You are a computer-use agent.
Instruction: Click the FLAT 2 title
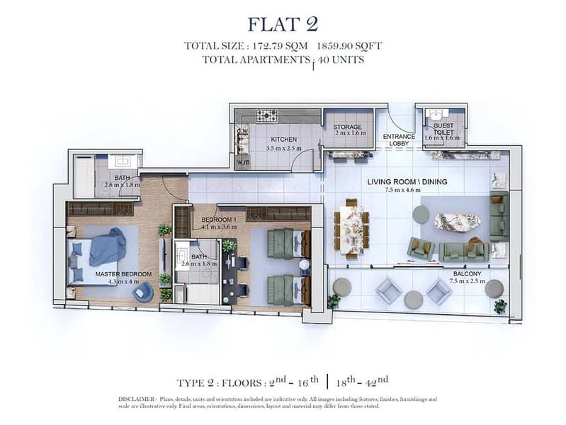(283, 24)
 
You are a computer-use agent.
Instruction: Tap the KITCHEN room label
(284, 140)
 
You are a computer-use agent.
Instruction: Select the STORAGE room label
(347, 127)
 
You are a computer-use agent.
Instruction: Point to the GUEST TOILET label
(443, 129)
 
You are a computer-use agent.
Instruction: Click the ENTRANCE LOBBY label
(399, 140)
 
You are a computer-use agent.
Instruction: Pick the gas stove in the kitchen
(267, 115)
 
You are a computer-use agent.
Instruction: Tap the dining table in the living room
(351, 228)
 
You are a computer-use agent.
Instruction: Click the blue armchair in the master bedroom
(143, 292)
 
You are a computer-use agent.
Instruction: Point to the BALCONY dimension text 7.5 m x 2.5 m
(467, 281)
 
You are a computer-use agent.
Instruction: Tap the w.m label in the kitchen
(243, 162)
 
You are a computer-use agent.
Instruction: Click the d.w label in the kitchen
(242, 131)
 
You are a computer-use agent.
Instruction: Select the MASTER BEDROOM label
(123, 274)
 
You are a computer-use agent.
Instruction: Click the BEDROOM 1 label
(219, 220)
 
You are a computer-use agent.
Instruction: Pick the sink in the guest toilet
(436, 115)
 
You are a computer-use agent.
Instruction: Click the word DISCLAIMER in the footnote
(136, 399)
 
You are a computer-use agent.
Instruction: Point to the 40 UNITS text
(341, 59)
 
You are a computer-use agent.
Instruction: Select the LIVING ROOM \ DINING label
(407, 181)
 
